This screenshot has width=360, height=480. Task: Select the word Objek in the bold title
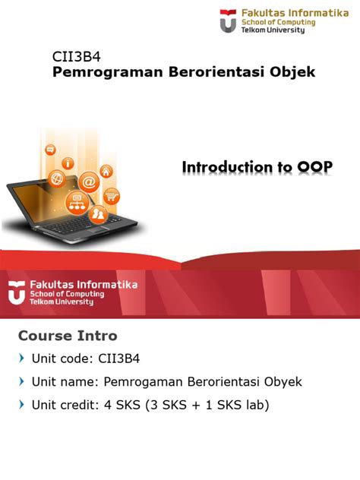coord(291,72)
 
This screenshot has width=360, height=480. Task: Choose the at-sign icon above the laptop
coord(88,182)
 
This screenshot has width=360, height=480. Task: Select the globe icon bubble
coord(56,178)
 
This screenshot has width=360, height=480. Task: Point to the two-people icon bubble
coord(99,214)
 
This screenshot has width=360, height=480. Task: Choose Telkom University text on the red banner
coord(62,302)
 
